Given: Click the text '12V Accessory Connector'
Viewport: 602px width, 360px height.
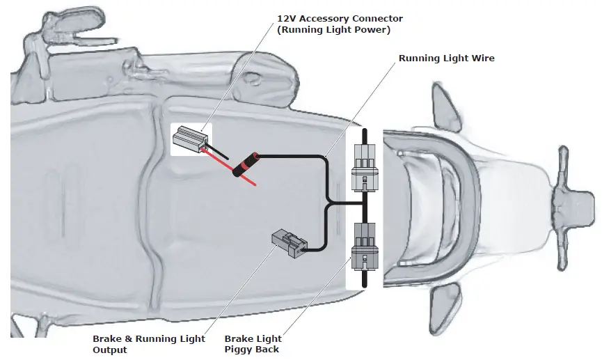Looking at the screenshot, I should pos(340,18).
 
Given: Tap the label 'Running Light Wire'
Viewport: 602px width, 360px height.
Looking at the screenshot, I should pos(446,58).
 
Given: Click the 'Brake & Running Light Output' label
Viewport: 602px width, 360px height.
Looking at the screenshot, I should pos(148,343).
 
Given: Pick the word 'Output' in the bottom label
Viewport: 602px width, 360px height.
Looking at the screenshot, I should pos(110,350).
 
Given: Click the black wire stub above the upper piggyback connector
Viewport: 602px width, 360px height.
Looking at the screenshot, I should pos(364,136).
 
